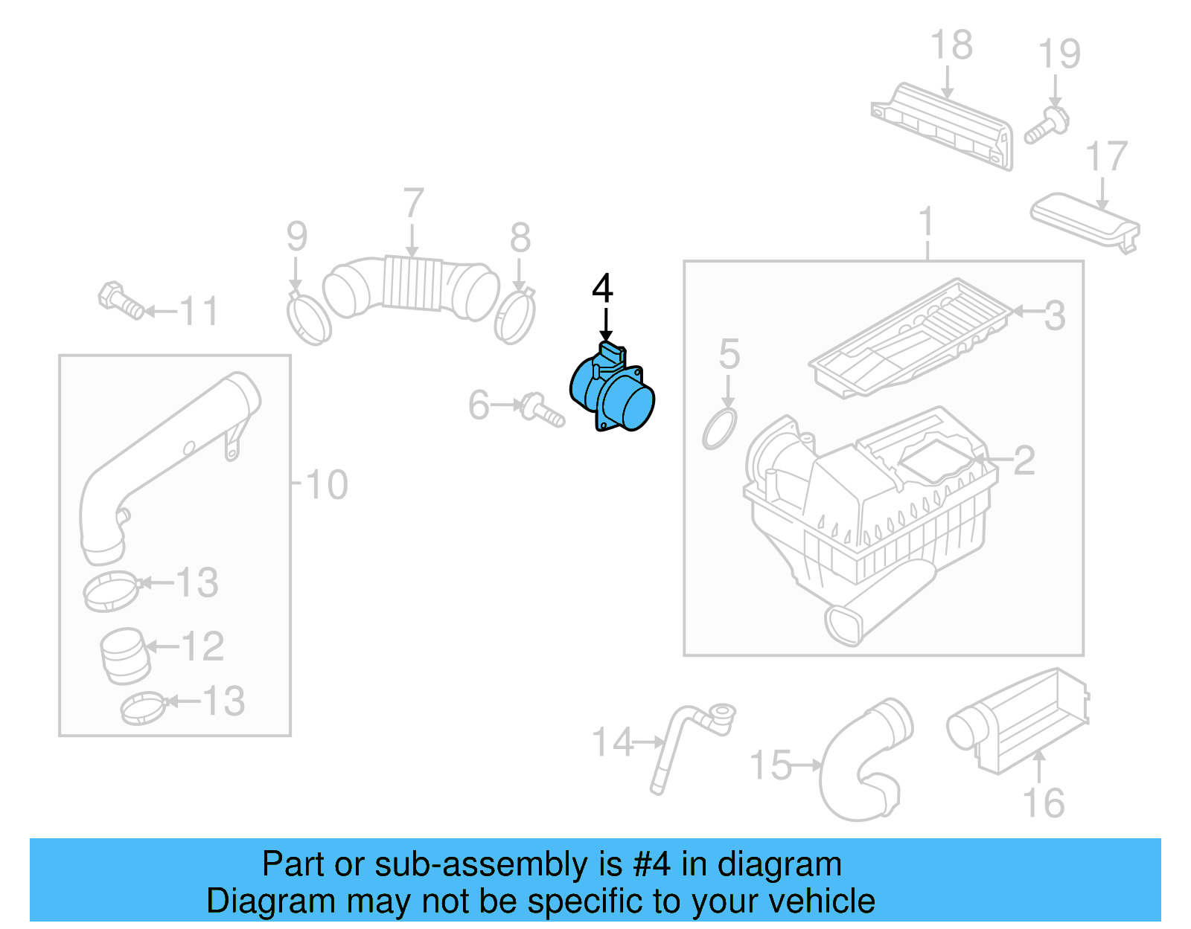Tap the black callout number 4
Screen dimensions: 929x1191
[602, 288]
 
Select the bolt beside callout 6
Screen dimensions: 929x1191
[543, 409]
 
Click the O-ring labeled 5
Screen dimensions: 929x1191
[719, 428]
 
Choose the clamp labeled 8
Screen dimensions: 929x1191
[514, 316]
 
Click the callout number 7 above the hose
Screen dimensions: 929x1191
[413, 203]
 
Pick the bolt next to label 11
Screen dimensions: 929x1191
[120, 301]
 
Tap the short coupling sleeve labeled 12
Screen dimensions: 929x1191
[124, 655]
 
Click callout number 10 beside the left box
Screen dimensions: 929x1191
[326, 485]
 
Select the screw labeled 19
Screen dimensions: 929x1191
[1047, 125]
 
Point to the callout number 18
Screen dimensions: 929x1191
[951, 45]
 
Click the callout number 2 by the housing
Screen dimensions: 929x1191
[1024, 460]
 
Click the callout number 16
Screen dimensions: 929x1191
[1043, 803]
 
